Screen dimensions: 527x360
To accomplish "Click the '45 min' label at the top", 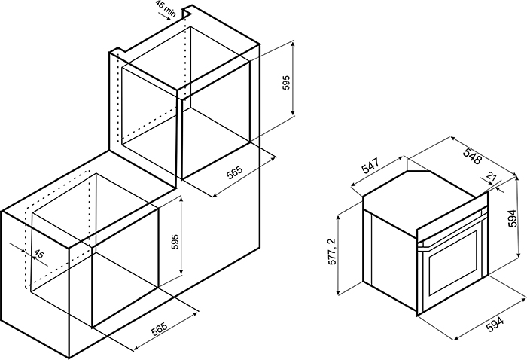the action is click(166, 8).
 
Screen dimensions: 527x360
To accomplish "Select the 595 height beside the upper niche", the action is click(285, 82).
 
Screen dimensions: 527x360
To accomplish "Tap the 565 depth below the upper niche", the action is click(234, 172).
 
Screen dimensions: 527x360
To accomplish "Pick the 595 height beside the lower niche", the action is click(175, 241).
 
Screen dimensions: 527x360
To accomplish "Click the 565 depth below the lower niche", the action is click(160, 329).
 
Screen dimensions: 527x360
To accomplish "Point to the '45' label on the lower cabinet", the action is click(39, 254).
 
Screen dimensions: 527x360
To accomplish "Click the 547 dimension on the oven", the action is click(370, 166).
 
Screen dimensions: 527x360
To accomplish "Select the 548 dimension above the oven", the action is click(472, 156).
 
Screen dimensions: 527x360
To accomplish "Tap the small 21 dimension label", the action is click(492, 176).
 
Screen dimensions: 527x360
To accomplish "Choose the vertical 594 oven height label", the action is click(512, 218).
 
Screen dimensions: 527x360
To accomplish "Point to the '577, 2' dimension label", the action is click(332, 252).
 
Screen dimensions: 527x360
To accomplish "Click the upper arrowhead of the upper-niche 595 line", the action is click(293, 44).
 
